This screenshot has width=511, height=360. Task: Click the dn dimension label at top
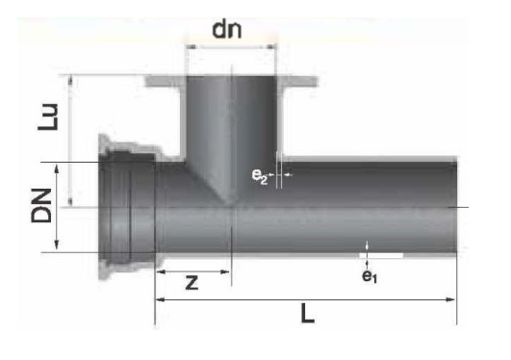(x=227, y=30)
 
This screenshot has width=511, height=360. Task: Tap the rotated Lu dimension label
(x=48, y=117)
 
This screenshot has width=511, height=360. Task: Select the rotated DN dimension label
(x=41, y=206)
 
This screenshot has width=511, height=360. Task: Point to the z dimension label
(x=192, y=282)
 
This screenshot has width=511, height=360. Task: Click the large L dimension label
(x=307, y=313)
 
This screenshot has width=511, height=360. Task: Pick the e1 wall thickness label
(x=370, y=276)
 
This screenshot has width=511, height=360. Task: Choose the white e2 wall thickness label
(x=260, y=176)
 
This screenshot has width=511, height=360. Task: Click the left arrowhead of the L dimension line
(x=160, y=299)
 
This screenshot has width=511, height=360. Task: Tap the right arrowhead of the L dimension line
(x=451, y=299)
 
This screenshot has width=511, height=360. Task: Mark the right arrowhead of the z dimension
(x=225, y=271)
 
